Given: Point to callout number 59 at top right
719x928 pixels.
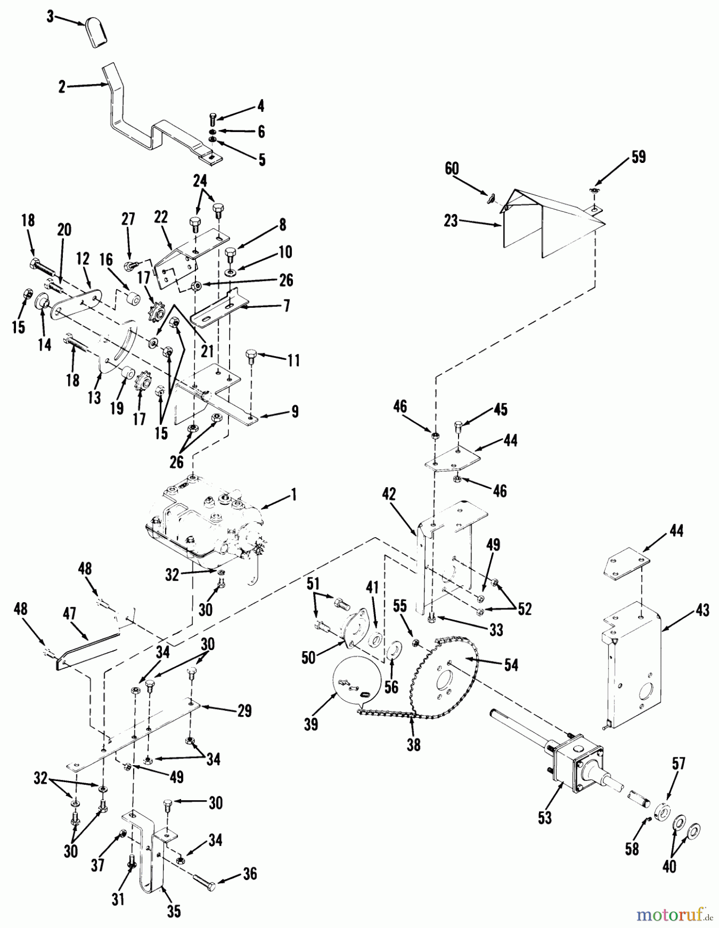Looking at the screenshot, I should pos(639,157).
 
